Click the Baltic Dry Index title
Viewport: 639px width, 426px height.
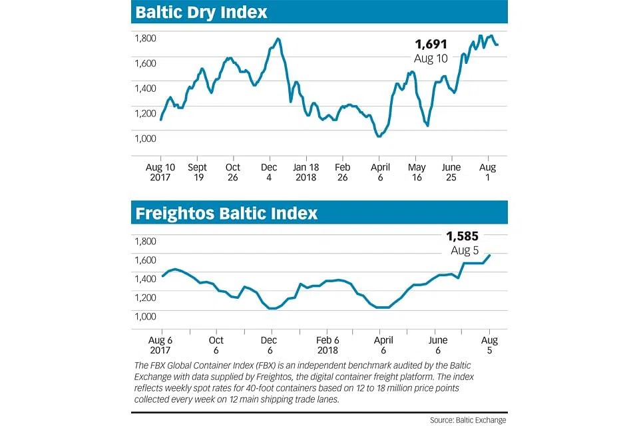point(202,12)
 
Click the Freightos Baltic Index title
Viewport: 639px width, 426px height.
point(226,214)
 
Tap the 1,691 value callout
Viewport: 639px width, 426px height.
point(431,45)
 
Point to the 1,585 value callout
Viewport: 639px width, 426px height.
point(462,235)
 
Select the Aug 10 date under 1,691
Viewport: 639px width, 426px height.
point(431,59)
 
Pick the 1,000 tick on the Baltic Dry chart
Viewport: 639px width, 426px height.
point(146,138)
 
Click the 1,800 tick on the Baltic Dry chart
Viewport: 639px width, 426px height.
point(146,38)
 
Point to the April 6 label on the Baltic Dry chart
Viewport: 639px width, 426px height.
point(379,172)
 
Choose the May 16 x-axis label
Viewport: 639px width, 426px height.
point(416,172)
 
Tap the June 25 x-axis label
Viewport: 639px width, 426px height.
point(451,172)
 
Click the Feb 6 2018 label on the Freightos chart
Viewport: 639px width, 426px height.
point(327,345)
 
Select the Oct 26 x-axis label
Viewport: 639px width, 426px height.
point(233,172)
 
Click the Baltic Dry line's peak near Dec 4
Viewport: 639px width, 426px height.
point(278,39)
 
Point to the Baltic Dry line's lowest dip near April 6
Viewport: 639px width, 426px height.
point(379,136)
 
